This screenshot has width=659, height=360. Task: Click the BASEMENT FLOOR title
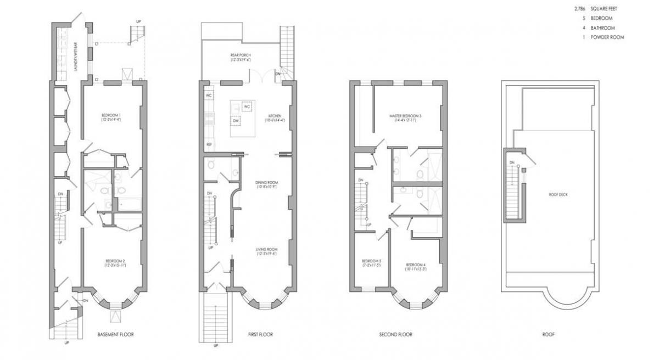tap(115, 334)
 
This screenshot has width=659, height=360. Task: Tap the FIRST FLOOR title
tap(260, 334)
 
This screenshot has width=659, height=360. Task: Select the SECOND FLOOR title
tap(395, 334)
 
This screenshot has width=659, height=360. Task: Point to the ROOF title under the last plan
tap(547, 334)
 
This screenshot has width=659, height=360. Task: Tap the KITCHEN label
tap(275, 115)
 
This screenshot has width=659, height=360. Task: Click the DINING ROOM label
tap(266, 183)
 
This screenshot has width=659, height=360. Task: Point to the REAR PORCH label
tap(241, 55)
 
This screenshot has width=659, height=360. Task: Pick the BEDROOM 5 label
tap(372, 261)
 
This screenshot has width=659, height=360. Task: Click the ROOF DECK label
tap(559, 194)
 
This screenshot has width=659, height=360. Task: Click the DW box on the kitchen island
tap(235, 120)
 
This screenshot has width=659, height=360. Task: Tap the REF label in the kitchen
tap(209, 144)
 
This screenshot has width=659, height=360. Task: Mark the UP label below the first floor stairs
tap(215, 346)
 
